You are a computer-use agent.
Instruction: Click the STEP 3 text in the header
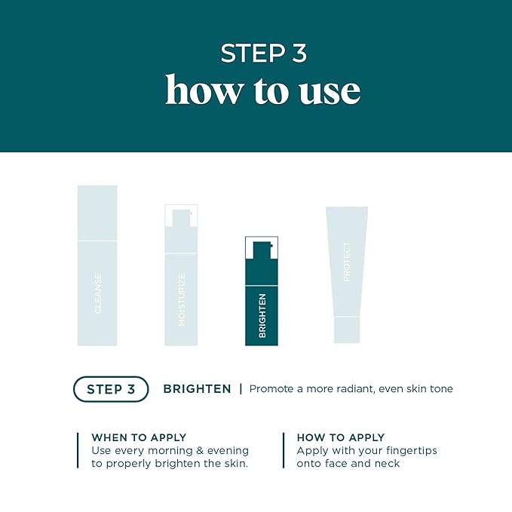[x=263, y=54]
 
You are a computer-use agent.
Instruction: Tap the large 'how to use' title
[x=263, y=90]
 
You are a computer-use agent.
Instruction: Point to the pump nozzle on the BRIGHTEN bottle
[x=262, y=248]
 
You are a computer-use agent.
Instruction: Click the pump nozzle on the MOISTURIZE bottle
[x=182, y=216]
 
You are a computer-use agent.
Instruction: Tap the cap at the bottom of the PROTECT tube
[x=347, y=330]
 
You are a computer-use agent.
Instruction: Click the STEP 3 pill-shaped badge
[x=111, y=389]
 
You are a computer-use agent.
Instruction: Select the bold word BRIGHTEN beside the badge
[x=197, y=389]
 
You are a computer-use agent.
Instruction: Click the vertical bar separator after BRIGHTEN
[x=241, y=389]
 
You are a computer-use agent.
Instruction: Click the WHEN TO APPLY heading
[x=139, y=437]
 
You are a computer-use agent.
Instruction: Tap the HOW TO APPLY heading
[x=341, y=437]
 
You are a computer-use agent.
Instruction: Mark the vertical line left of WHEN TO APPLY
[x=78, y=450]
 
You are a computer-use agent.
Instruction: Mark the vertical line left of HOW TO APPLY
[x=284, y=450]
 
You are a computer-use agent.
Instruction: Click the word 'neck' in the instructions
[x=387, y=464]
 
